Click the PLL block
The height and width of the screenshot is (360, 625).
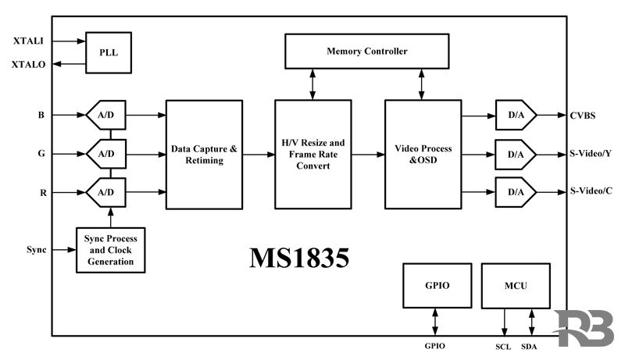[x=108, y=52]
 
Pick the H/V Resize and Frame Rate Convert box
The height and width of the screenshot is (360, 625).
[x=312, y=154]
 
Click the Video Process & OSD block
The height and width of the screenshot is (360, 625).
[x=423, y=154]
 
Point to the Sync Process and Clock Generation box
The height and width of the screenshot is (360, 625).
[x=110, y=250]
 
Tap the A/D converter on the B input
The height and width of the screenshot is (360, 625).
[x=105, y=116]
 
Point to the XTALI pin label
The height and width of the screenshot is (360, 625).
[x=29, y=40]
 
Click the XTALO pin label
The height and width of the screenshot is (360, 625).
[x=29, y=65]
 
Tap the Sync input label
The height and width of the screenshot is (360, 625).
[x=35, y=250]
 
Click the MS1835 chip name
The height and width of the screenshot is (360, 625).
[x=298, y=260]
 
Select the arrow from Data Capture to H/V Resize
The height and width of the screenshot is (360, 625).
[x=259, y=154]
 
